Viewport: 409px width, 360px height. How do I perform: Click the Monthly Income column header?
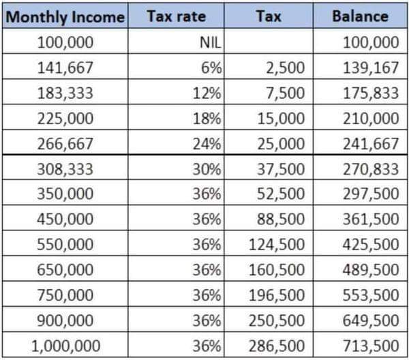click(x=65, y=17)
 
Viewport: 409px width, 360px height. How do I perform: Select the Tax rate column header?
click(x=177, y=16)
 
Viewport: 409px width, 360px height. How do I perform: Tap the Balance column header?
click(x=360, y=16)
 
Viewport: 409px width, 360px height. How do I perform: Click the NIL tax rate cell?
click(x=210, y=42)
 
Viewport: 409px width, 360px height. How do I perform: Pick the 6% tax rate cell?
click(x=211, y=67)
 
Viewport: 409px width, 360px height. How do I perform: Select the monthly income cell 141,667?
click(x=65, y=67)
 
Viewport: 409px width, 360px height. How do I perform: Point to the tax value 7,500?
click(x=285, y=93)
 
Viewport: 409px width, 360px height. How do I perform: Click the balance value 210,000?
click(x=371, y=119)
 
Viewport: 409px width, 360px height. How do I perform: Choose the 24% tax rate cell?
click(x=207, y=144)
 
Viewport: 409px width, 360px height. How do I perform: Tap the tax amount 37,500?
click(x=281, y=169)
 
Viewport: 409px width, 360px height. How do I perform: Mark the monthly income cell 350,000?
click(x=65, y=194)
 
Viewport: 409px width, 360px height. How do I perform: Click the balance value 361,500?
click(x=371, y=219)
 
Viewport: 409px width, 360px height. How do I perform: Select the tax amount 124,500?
click(x=277, y=245)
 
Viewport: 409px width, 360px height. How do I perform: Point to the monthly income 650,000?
click(x=65, y=269)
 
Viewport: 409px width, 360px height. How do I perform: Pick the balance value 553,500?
click(x=371, y=295)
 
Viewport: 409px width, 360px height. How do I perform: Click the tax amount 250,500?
click(x=277, y=320)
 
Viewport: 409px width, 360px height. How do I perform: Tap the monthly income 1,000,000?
click(x=65, y=346)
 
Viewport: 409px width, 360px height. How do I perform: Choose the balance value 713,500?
click(x=371, y=346)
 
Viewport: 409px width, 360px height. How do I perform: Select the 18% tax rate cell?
click(x=207, y=119)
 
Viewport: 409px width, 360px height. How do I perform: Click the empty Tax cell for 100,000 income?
click(x=269, y=41)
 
